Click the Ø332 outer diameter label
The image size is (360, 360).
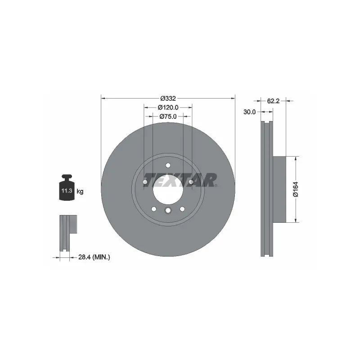(x=168, y=99)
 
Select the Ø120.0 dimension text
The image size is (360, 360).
(x=168, y=108)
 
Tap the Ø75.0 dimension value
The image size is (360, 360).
(x=168, y=117)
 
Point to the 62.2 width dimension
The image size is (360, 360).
(x=273, y=101)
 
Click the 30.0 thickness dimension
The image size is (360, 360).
(x=249, y=112)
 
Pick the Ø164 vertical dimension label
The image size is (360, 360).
(x=296, y=189)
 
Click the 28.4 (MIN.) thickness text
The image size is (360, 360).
(x=94, y=257)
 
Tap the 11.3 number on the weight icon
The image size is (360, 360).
(x=67, y=190)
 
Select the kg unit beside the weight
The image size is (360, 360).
(x=80, y=191)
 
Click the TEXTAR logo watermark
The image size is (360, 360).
(x=181, y=180)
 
